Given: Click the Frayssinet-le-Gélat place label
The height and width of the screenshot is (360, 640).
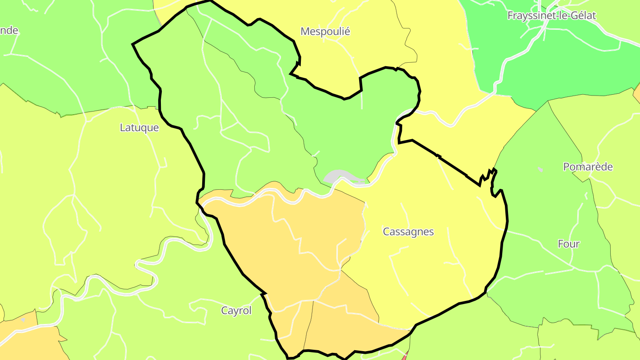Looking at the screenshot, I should coord(552,16).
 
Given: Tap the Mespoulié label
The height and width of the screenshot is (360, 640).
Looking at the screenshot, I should coord(325,32).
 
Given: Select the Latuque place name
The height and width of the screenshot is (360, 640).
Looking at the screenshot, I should coord(139,128).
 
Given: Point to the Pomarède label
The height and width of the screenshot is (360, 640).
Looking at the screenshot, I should coord(588,167).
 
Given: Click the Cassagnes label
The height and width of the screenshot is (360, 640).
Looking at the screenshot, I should coord(408,232).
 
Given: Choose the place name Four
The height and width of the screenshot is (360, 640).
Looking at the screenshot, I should coord(568,244).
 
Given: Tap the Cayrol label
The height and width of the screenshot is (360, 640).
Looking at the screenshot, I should coord(236,311).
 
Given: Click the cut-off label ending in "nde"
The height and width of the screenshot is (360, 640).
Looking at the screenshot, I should coord(9,30).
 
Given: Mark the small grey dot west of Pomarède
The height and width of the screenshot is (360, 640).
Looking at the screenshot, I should coord(540,169).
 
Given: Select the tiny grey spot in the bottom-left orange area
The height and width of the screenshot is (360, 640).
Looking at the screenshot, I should coord(23,319).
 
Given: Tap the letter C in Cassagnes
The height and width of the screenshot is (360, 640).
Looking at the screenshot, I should coord(386,232).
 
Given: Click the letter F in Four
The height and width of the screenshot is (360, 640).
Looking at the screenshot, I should coord(561,244).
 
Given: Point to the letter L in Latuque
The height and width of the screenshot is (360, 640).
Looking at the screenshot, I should coord(122,128).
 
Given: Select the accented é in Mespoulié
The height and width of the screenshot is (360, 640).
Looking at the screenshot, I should coord(347,32).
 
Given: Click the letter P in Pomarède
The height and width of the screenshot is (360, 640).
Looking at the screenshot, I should coord(566,167).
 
